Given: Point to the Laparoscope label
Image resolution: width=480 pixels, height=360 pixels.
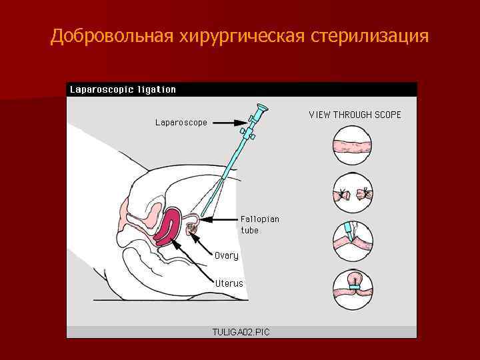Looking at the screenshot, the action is click(181, 123).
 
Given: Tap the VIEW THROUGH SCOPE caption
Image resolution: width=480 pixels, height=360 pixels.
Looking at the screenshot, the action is click(355, 115).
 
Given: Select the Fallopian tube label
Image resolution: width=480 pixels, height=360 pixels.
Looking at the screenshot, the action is click(259, 224).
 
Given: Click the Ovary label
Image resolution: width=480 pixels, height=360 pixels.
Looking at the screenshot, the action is click(226, 255).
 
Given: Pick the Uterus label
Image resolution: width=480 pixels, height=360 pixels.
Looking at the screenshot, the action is click(229, 283).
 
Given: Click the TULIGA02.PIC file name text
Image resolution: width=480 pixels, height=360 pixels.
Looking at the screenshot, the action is click(241, 331).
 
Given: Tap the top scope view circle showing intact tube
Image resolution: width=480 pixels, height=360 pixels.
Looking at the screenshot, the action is click(353, 147).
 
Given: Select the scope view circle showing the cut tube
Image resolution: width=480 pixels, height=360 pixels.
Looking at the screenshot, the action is click(353, 193).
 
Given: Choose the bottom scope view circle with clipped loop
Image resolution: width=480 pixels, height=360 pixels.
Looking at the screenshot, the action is click(353, 287).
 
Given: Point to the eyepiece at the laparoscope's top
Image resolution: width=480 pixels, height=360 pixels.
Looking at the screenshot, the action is click(261, 108).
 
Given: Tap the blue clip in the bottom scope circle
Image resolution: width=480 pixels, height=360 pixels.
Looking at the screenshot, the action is click(354, 288).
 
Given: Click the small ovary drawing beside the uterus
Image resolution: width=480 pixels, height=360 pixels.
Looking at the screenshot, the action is click(192, 230).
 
